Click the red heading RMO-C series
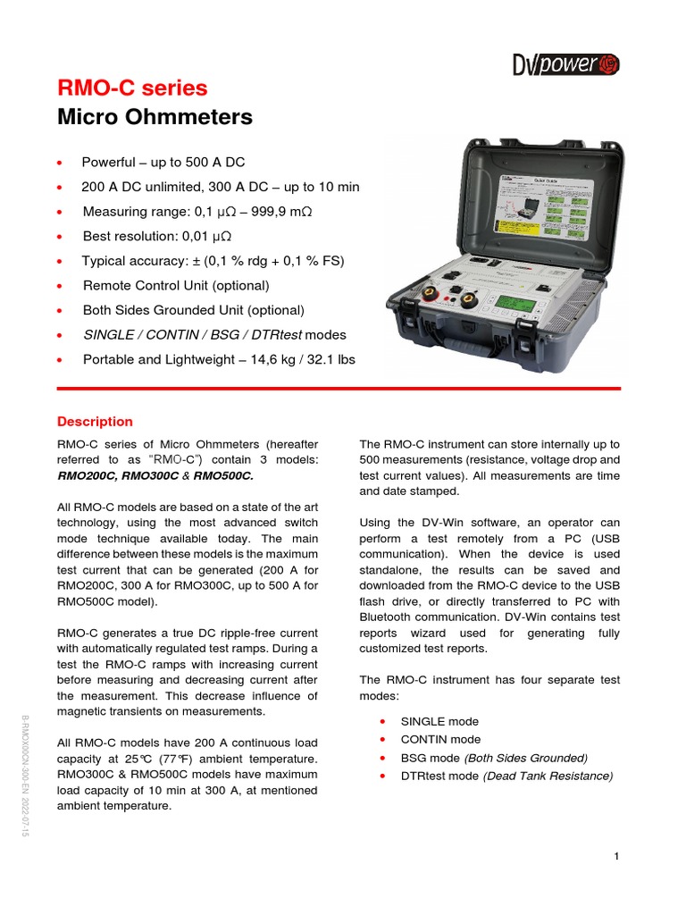(x=132, y=88)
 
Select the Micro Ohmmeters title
(x=155, y=117)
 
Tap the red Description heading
(x=95, y=422)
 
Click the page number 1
(x=616, y=857)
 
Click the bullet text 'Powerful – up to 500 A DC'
(x=163, y=163)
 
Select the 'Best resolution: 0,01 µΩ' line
(x=157, y=236)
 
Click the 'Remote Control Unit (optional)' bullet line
(x=175, y=285)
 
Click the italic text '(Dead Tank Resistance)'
(x=548, y=776)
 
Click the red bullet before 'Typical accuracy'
(x=60, y=261)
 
